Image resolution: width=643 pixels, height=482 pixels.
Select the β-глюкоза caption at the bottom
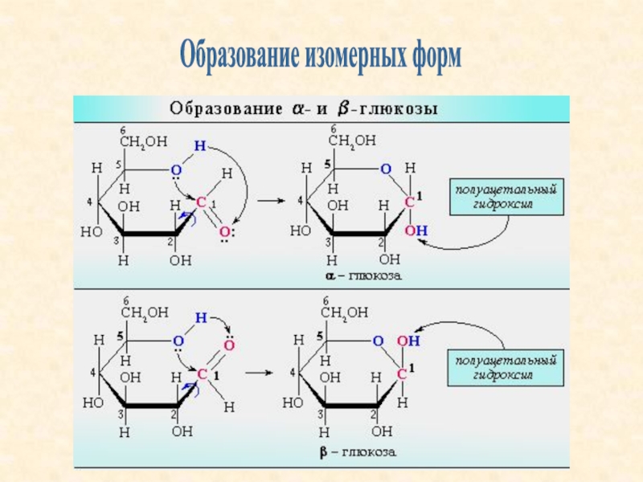click(x=358, y=452)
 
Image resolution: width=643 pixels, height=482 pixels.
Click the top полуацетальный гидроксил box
click(x=506, y=197)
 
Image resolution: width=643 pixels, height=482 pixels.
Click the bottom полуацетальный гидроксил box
click(x=506, y=368)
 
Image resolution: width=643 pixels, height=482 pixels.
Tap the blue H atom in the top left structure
click(x=199, y=146)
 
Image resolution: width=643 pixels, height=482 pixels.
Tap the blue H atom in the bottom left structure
click(x=201, y=317)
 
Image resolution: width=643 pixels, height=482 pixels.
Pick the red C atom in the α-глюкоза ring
click(x=409, y=202)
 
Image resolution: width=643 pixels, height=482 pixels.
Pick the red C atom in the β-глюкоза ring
click(x=402, y=374)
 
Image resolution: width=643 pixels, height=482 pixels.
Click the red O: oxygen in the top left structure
click(x=227, y=232)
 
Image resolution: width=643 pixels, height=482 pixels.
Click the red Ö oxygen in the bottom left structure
click(x=229, y=344)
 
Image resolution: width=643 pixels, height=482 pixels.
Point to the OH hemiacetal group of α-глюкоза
click(x=416, y=231)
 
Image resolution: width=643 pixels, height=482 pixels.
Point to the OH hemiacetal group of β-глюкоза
click(x=408, y=341)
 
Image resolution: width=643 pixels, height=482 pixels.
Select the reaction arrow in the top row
click(x=271, y=201)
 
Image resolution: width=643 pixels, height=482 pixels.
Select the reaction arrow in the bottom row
click(x=259, y=373)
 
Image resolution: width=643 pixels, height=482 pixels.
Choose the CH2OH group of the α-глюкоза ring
click(x=352, y=141)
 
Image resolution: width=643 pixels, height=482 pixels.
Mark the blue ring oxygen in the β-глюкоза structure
click(x=378, y=341)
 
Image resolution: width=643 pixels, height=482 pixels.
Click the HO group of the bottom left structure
click(x=92, y=403)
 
